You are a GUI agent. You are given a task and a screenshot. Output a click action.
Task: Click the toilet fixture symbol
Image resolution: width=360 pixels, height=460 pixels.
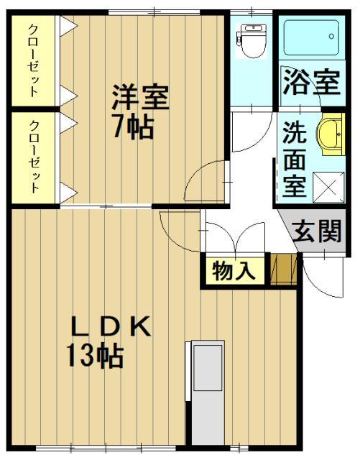coord(251,41)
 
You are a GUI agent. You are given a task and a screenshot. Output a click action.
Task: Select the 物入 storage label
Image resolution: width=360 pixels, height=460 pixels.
coord(234,272)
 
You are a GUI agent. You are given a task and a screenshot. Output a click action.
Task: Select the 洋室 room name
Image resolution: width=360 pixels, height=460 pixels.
coord(139,98)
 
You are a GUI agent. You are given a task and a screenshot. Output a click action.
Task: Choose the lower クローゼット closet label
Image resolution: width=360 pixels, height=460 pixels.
coord(34,157)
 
